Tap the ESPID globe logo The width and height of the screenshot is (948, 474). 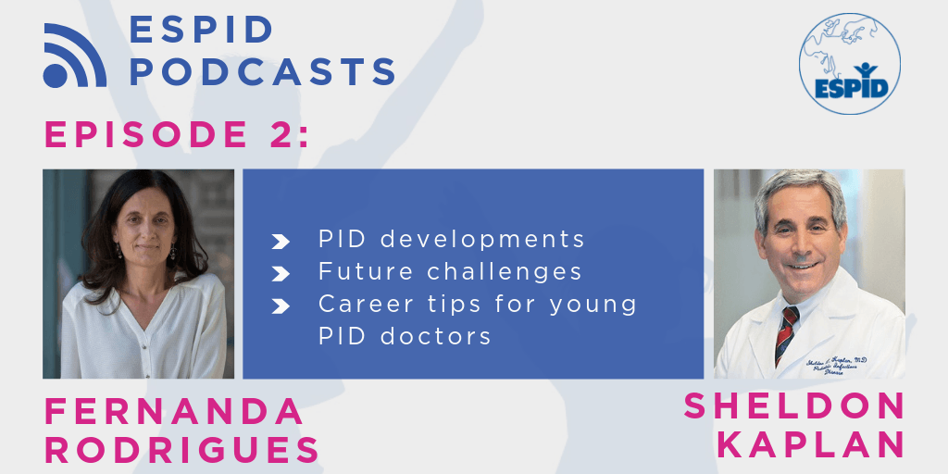pyautogui.click(x=850, y=64)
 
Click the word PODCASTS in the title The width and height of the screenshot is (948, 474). pyautogui.click(x=262, y=70)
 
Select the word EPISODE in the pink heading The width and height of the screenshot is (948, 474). pyautogui.click(x=138, y=136)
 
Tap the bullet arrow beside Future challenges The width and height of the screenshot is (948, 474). pyautogui.click(x=280, y=274)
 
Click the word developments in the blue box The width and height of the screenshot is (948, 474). pyautogui.click(x=483, y=240)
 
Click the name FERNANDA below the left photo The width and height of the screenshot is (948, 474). pyautogui.click(x=173, y=411)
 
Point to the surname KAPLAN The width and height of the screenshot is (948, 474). pyautogui.click(x=810, y=443)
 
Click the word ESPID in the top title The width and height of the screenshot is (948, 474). pyautogui.click(x=202, y=29)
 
